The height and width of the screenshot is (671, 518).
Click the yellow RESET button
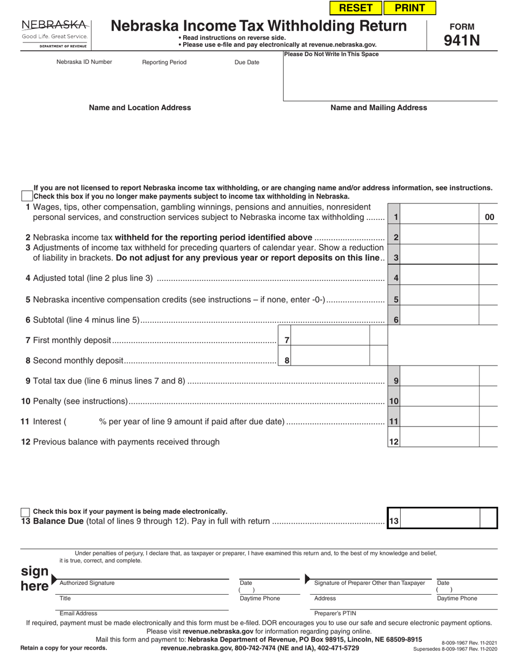pyautogui.click(x=356, y=8)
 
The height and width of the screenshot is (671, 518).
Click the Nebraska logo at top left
pyautogui.click(x=55, y=34)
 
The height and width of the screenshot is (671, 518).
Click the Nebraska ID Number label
pyautogui.click(x=84, y=62)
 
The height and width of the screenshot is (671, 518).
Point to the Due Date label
pyautogui.click(x=247, y=63)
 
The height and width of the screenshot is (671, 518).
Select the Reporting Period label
pyautogui.click(x=164, y=63)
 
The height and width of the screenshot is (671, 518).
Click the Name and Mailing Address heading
pyautogui.click(x=378, y=108)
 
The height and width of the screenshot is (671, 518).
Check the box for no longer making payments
pyautogui.click(x=26, y=196)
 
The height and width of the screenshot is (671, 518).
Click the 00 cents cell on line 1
pyautogui.click(x=489, y=217)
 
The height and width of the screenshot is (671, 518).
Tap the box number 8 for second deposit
pyautogui.click(x=287, y=361)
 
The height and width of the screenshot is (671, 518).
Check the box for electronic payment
pyautogui.click(x=25, y=512)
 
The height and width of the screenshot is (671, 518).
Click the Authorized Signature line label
pyautogui.click(x=87, y=583)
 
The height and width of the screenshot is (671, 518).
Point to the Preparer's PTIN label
pyautogui.click(x=335, y=614)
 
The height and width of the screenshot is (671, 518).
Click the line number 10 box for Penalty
pyautogui.click(x=394, y=402)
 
